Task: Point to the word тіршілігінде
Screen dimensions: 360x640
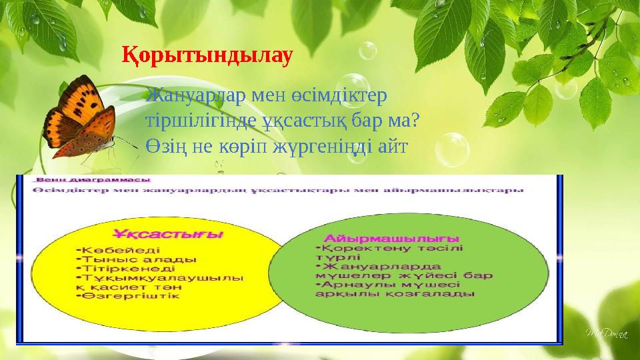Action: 200,121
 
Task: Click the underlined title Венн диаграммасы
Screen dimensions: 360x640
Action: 93,180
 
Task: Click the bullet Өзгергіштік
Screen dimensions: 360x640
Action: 130,297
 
